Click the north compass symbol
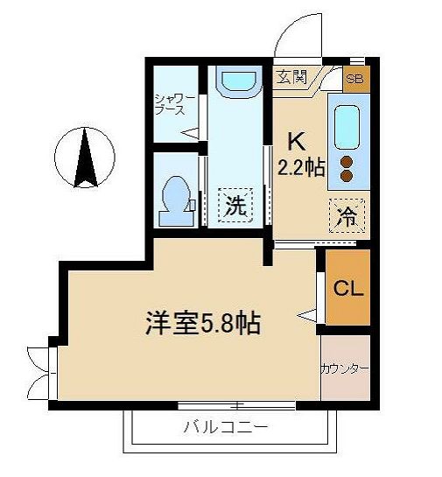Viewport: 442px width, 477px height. [84, 158]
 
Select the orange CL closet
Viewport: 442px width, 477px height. [348, 287]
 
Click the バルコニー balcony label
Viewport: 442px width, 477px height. [226, 428]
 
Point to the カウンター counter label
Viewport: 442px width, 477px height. [345, 368]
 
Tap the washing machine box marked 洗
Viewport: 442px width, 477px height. [235, 207]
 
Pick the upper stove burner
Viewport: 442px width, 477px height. [346, 161]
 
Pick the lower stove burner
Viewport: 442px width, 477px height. [346, 176]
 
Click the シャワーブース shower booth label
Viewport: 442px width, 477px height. [169, 104]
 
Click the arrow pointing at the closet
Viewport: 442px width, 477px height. [306, 312]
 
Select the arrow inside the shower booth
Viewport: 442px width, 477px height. [191, 133]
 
